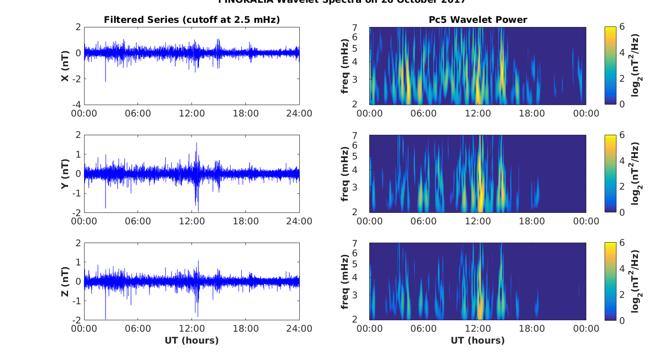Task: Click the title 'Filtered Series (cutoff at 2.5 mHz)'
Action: pyautogui.click(x=191, y=20)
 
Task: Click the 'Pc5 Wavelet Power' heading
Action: pyautogui.click(x=478, y=20)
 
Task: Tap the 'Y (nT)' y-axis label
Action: pyautogui.click(x=65, y=174)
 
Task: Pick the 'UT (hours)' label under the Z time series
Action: pyautogui.click(x=191, y=340)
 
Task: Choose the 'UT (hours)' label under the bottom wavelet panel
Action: pyautogui.click(x=478, y=340)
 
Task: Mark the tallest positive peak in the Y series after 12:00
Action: pyautogui.click(x=197, y=144)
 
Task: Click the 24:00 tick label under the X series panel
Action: pyautogui.click(x=299, y=113)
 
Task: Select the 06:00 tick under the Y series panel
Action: pyautogui.click(x=138, y=221)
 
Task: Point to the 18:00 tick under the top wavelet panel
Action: pyautogui.click(x=532, y=113)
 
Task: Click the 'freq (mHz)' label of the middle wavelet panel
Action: pyautogui.click(x=345, y=174)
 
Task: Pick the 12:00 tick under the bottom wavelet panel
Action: pyautogui.click(x=478, y=329)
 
